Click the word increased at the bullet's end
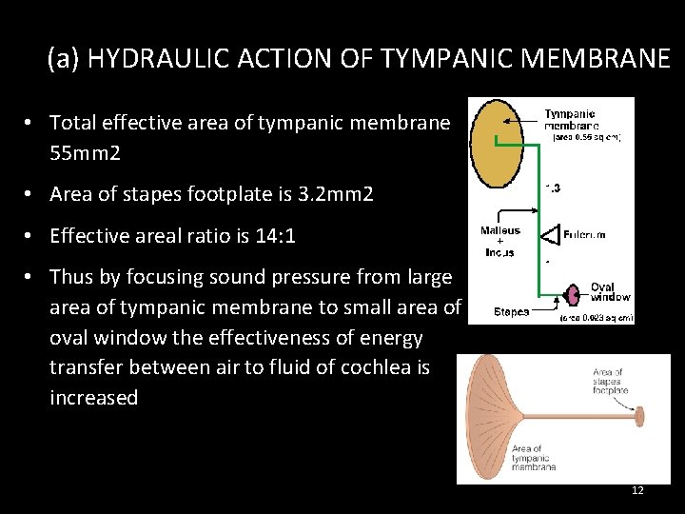click(93, 397)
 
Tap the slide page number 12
click(637, 490)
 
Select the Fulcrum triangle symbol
click(551, 234)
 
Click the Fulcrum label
click(584, 233)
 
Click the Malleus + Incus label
click(499, 241)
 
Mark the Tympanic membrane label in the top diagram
click(572, 118)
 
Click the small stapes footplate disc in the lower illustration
click(639, 416)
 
